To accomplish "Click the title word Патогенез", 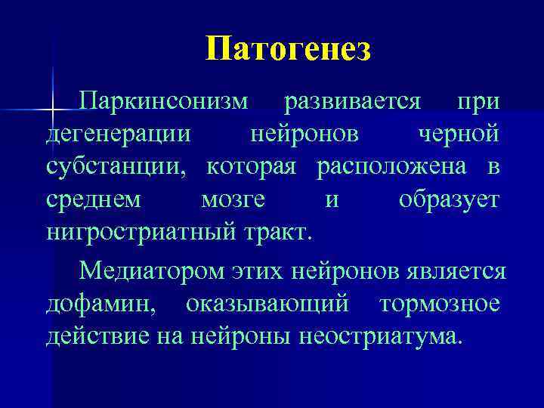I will (288, 49).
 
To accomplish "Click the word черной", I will (459, 134).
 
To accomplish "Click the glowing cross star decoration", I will (52, 111).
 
